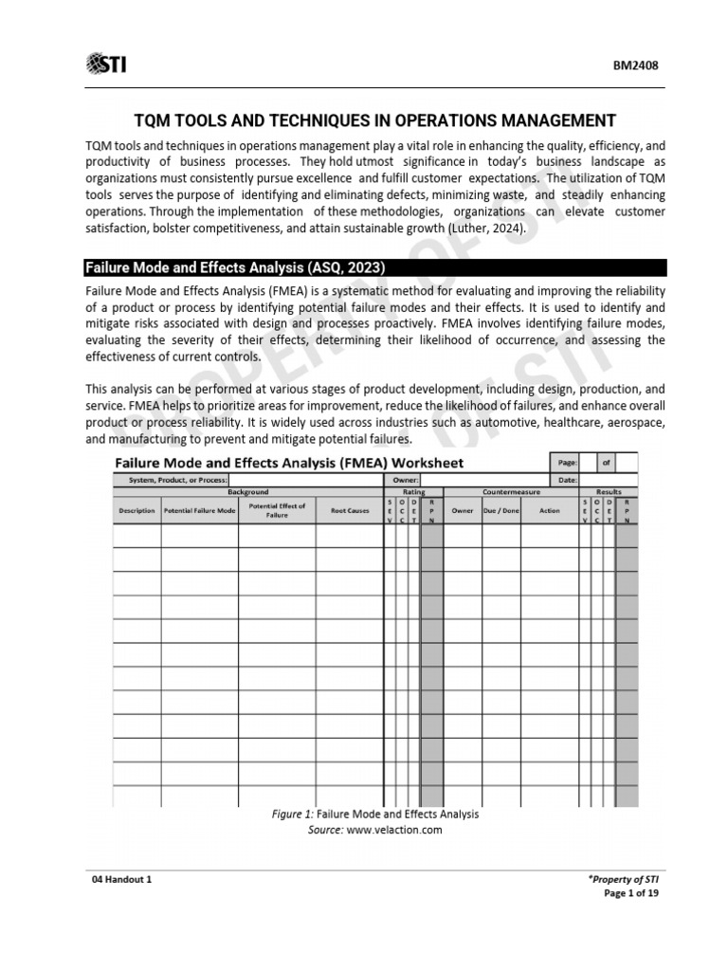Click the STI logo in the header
pyautogui.click(x=106, y=64)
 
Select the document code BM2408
pyautogui.click(x=637, y=66)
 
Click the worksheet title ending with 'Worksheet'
pyautogui.click(x=289, y=463)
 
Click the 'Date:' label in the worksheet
pyautogui.click(x=568, y=481)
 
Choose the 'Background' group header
pyautogui.click(x=247, y=492)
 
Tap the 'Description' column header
pyautogui.click(x=136, y=510)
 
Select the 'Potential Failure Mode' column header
pyautogui.click(x=199, y=510)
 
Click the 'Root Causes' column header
pyautogui.click(x=349, y=510)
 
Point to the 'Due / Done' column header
pyautogui.click(x=500, y=510)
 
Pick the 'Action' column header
pyautogui.click(x=550, y=510)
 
